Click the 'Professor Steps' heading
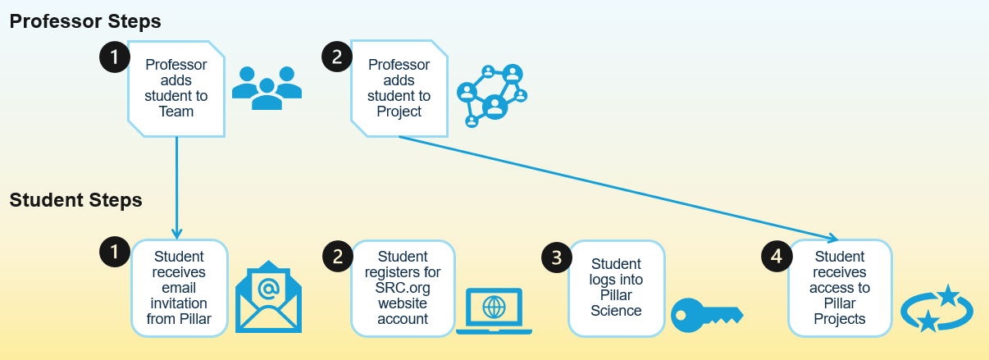coord(85,21)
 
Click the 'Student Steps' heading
coord(75,200)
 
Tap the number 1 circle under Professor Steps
coord(115,57)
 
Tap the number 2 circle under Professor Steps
coord(337,57)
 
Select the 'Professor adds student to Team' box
coord(176,88)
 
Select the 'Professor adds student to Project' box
coord(399,88)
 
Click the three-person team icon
coord(267,87)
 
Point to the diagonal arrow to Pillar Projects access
coord(615,188)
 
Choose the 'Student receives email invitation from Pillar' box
coord(179,288)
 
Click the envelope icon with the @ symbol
coord(268,297)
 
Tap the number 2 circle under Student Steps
coord(337,256)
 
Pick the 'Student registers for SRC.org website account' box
coord(403,288)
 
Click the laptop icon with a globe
coord(494,310)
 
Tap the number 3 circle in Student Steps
coord(557,257)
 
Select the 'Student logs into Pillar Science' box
coord(616,288)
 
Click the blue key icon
coord(706,314)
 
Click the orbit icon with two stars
coord(937,308)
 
